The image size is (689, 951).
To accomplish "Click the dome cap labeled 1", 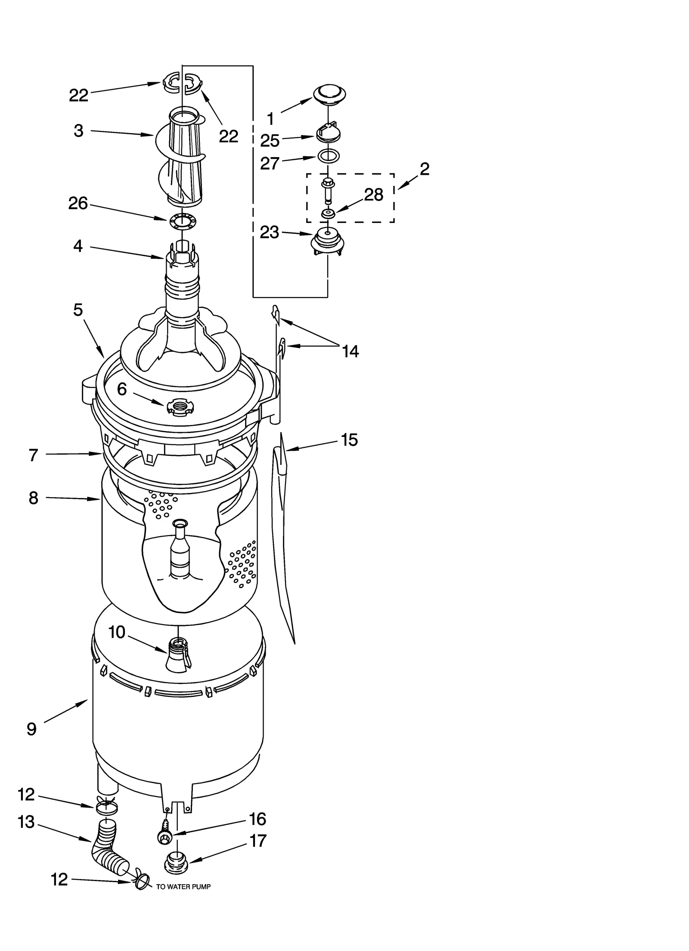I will pos(330,93).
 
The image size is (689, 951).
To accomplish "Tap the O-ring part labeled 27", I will pos(329,155).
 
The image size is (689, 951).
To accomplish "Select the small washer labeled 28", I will pos(328,213).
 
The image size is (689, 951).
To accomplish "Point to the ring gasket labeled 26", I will pos(182,220).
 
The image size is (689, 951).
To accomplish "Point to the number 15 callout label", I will pos(349,440).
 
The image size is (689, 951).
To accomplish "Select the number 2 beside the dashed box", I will pos(424,169).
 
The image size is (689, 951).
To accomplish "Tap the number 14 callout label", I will pos(350,351).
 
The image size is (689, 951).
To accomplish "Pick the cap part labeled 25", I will pos(328,133).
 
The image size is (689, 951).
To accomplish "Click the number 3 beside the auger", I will pos(78,131).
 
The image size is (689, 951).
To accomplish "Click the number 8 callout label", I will pos(33,498).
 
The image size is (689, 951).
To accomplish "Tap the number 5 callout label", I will pos(78,310).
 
